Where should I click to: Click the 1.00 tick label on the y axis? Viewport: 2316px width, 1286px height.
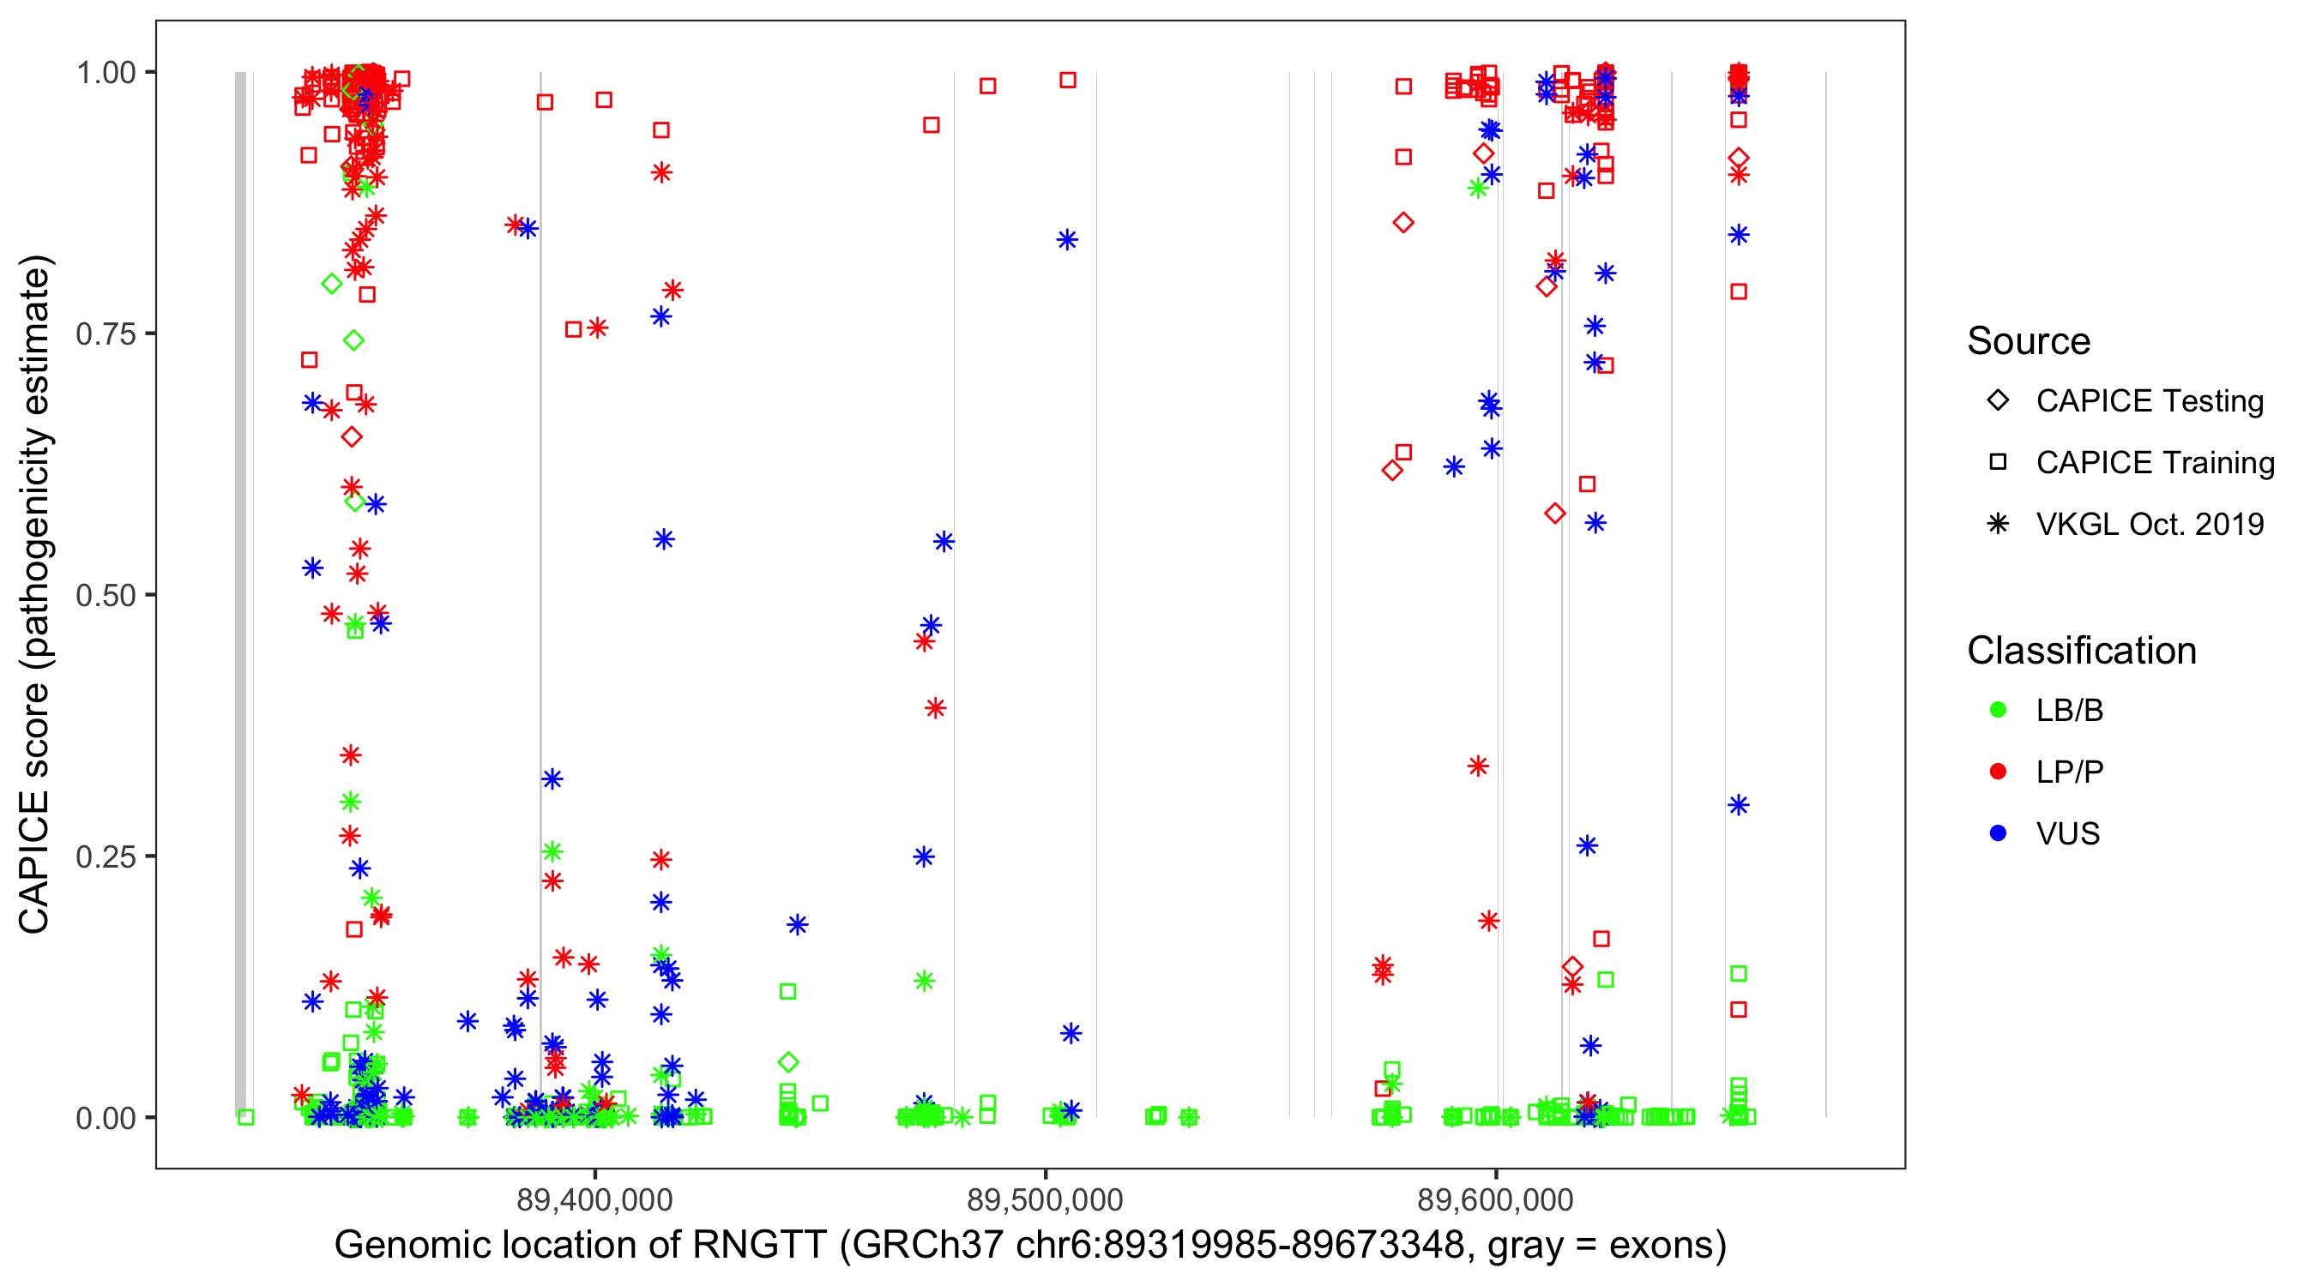(x=106, y=72)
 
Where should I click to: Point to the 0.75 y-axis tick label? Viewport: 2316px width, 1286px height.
(x=106, y=334)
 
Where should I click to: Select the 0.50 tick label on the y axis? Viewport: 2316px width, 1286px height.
(x=106, y=595)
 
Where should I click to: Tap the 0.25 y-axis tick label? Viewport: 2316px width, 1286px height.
(x=106, y=856)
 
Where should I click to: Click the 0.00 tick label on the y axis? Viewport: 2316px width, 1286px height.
(x=106, y=1117)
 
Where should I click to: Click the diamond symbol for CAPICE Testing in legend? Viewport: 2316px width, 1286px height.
(x=1998, y=400)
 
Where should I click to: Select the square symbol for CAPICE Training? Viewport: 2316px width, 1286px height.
(x=1998, y=462)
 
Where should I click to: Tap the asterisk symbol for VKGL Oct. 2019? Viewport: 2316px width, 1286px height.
(x=1998, y=524)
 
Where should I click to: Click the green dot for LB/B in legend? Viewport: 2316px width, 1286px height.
(x=1998, y=710)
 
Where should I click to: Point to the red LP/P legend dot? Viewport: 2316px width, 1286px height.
(x=1998, y=771)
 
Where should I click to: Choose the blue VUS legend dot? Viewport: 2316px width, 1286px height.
(x=1998, y=833)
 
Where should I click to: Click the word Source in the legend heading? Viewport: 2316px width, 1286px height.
(x=2029, y=341)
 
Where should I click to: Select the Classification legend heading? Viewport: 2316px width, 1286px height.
(x=2081, y=651)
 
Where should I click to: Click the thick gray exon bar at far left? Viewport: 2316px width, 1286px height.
(x=240, y=593)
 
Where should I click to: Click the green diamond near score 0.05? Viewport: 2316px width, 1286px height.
(x=788, y=1062)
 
